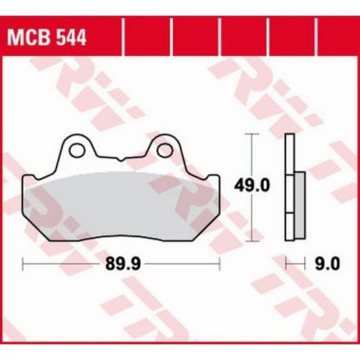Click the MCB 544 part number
click(x=46, y=39)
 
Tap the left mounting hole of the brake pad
click(x=77, y=150)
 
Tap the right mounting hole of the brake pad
click(x=165, y=149)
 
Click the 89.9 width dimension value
click(x=123, y=263)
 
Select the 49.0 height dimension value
click(x=252, y=186)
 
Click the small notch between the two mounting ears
click(x=120, y=159)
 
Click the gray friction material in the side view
click(x=299, y=205)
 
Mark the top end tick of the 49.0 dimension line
click(x=252, y=134)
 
